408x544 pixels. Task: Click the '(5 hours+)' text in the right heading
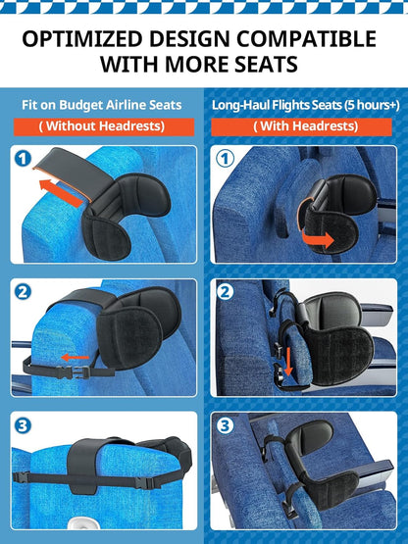[x=359, y=105]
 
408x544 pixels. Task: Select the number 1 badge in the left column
[x=25, y=158]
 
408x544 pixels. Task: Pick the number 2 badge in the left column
[x=25, y=291]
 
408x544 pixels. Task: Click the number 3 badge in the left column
[x=25, y=424]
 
